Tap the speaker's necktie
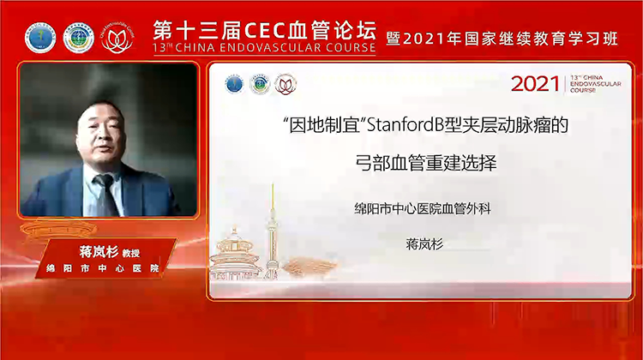(105, 193)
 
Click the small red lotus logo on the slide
(283, 84)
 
